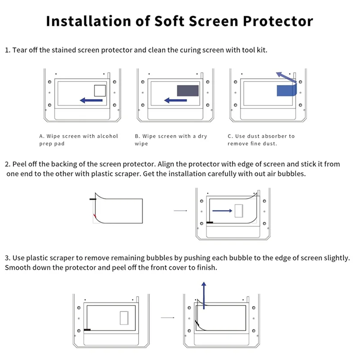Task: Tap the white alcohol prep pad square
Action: [99, 90]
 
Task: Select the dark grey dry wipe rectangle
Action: [188, 90]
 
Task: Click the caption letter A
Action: [41, 136]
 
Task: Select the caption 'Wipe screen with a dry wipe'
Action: [171, 140]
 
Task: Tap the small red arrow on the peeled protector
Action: [95, 218]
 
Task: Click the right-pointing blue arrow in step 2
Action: [222, 210]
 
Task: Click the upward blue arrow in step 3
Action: [204, 295]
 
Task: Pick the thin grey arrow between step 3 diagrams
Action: [167, 318]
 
